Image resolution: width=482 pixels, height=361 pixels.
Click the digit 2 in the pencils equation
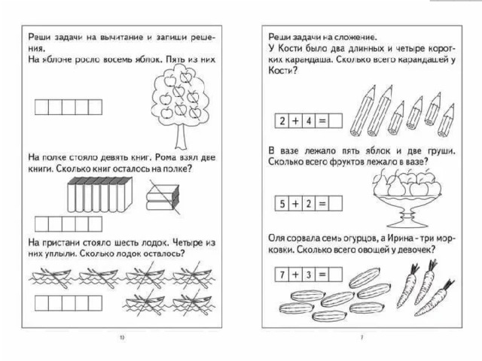(282, 121)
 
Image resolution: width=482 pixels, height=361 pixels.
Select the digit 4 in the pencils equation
(308, 121)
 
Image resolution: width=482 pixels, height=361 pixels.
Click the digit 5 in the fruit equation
(282, 202)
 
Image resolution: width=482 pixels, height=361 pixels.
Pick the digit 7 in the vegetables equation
(282, 275)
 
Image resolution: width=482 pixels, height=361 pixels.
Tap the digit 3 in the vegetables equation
(308, 275)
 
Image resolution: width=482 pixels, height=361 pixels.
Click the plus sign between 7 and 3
(295, 275)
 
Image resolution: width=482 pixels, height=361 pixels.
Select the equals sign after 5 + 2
(322, 202)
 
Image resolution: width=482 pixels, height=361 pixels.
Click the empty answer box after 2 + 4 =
(335, 121)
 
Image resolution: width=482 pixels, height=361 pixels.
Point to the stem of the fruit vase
(407, 214)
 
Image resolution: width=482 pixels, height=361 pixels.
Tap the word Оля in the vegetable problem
(276, 238)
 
